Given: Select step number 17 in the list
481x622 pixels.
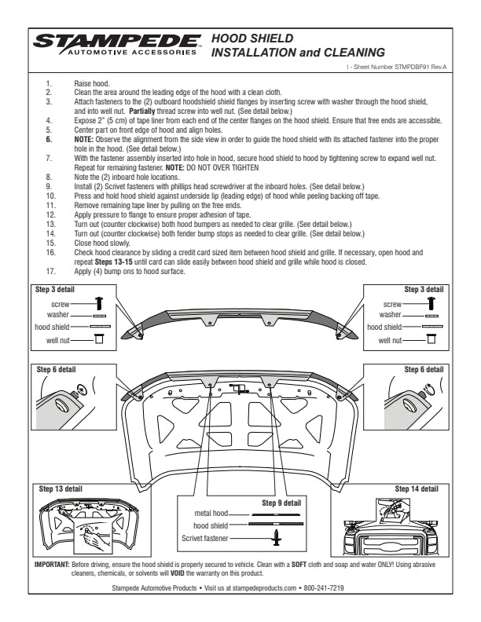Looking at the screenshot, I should [x=51, y=271].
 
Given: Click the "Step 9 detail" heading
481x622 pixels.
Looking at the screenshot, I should [x=281, y=502].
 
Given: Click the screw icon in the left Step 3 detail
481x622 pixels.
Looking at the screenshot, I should [x=99, y=302].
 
